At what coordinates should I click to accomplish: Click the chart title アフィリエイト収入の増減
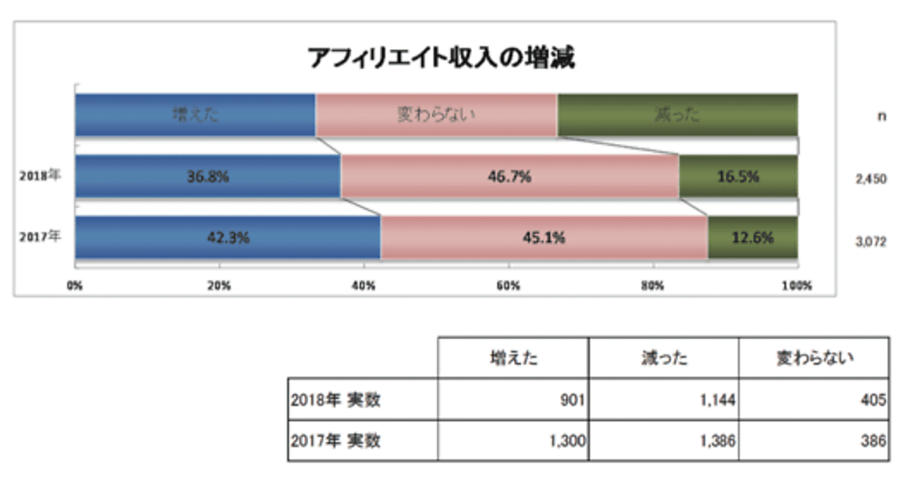click(440, 58)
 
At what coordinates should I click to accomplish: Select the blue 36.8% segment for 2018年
click(208, 176)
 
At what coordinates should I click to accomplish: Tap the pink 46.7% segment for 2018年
click(510, 176)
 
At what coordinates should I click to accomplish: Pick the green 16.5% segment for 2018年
click(738, 176)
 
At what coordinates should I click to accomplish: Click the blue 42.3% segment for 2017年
click(228, 237)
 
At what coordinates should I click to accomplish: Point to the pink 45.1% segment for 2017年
click(544, 237)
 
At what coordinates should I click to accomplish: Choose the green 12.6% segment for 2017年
click(752, 237)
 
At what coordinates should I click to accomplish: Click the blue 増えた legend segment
click(196, 115)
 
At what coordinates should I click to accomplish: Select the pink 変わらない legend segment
click(436, 115)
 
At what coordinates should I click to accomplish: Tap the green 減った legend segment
click(676, 115)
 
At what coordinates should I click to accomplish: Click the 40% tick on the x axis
click(364, 286)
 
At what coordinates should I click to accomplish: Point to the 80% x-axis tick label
click(653, 286)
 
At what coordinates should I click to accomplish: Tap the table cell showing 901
click(513, 400)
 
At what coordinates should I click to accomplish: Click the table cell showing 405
click(814, 400)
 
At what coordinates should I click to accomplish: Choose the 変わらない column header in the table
click(814, 358)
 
